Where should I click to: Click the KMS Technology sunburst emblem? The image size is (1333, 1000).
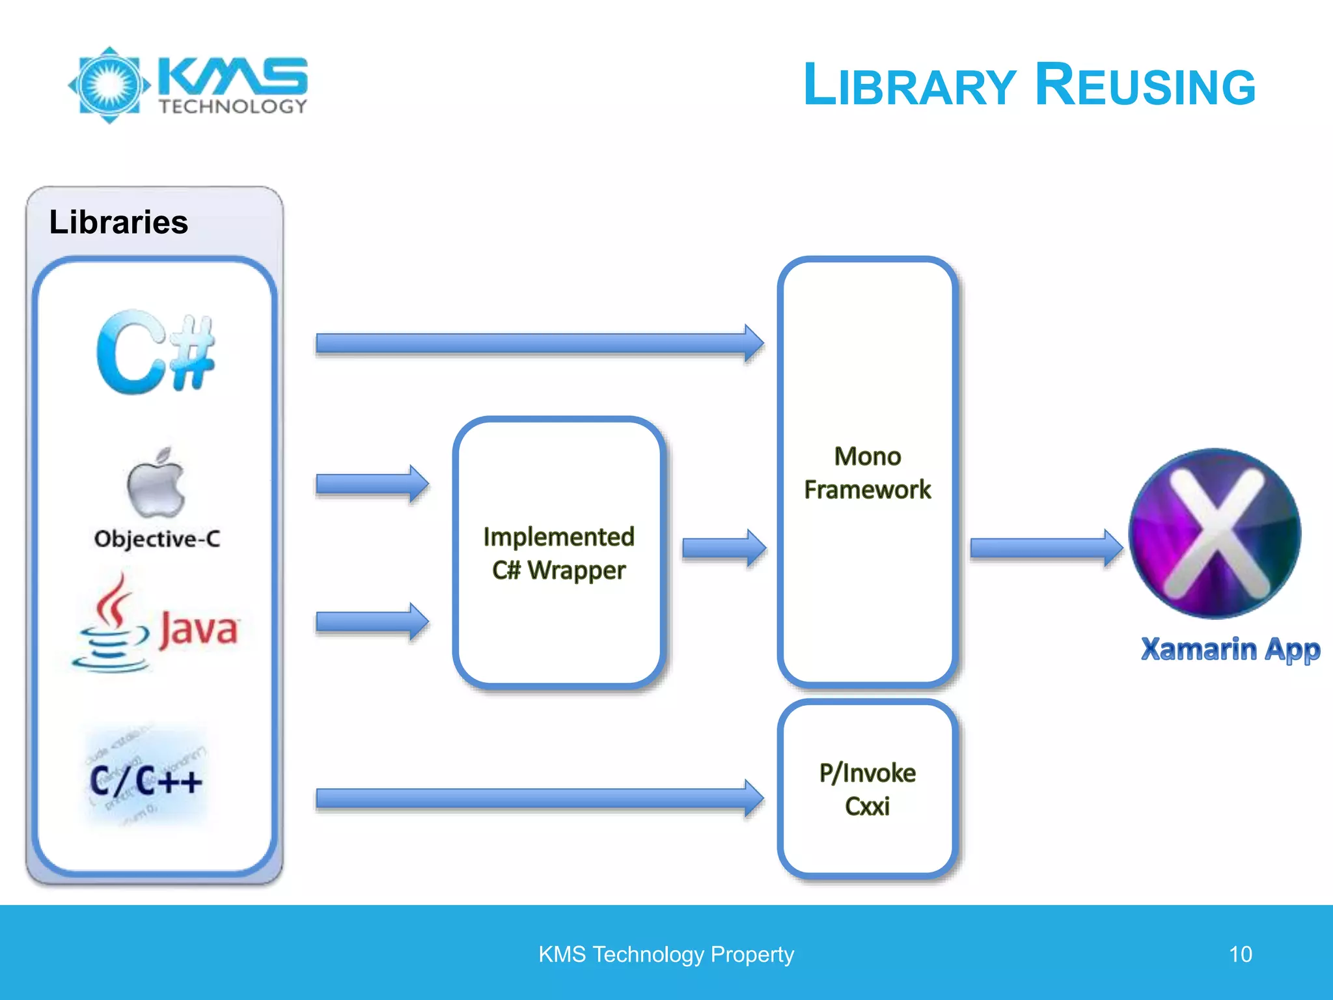109,85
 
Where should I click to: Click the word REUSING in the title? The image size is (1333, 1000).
1145,85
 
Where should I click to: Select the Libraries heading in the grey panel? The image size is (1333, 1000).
118,222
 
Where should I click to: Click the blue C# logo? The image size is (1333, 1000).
156,352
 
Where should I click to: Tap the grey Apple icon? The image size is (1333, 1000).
156,482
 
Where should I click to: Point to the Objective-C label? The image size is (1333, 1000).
157,539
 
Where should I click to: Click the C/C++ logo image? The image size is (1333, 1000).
146,778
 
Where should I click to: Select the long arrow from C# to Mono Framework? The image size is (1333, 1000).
539,343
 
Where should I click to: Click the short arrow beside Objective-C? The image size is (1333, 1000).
372,484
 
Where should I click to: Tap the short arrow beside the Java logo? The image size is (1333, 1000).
372,622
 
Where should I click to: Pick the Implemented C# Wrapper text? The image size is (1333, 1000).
558,553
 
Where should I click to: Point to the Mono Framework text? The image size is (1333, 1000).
867,473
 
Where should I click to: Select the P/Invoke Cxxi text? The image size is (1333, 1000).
867,789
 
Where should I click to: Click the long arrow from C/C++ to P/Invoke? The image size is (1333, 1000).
539,798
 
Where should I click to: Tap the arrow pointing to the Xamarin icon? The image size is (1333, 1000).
1045,548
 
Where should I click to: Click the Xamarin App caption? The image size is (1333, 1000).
1230,649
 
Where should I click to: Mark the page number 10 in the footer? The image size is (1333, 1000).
1240,954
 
